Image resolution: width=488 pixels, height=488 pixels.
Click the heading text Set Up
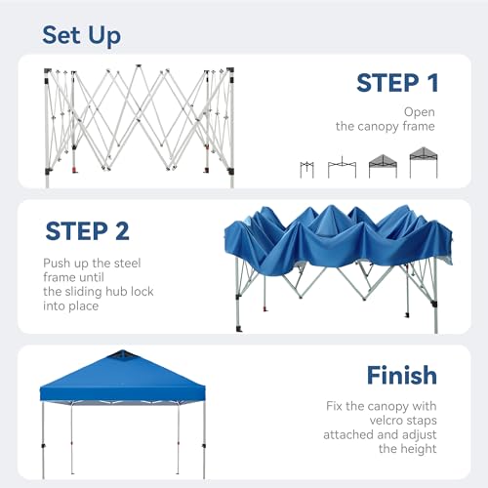(x=81, y=36)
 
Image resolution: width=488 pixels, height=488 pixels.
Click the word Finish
(x=401, y=375)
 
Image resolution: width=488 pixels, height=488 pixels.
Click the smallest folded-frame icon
(x=308, y=168)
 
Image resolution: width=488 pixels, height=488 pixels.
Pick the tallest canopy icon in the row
(x=424, y=162)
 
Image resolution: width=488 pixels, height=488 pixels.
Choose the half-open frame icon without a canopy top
(x=342, y=167)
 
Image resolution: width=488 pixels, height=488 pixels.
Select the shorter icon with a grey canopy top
(x=383, y=166)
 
